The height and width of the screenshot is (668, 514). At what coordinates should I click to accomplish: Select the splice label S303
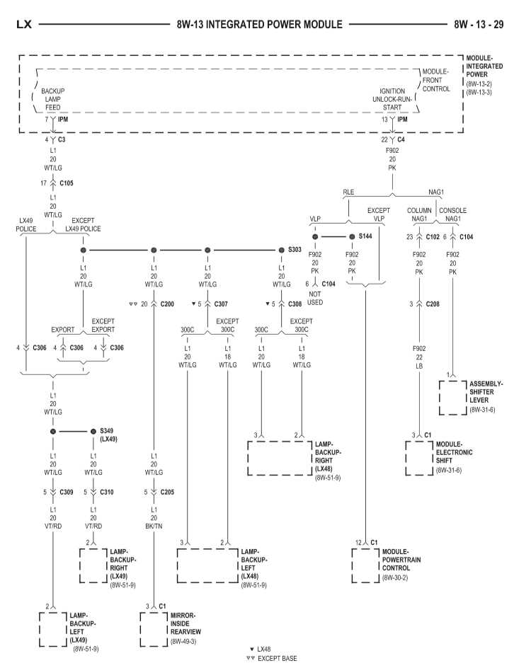pyautogui.click(x=295, y=250)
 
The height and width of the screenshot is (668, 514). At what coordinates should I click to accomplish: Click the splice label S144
pyautogui.click(x=365, y=236)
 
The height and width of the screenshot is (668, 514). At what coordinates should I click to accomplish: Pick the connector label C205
pyautogui.click(x=168, y=510)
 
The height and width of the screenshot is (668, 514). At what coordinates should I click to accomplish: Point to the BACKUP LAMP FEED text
pyautogui.click(x=53, y=100)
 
